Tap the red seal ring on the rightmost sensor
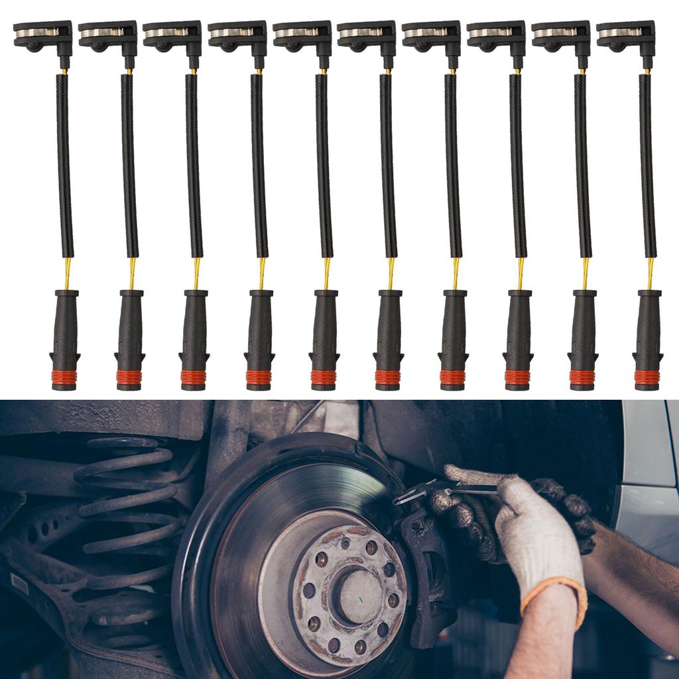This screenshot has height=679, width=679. (x=647, y=377)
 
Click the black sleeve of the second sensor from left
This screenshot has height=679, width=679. (x=129, y=166)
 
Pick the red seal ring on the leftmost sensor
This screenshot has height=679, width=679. (x=64, y=377)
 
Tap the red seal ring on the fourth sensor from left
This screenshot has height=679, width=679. (x=259, y=377)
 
